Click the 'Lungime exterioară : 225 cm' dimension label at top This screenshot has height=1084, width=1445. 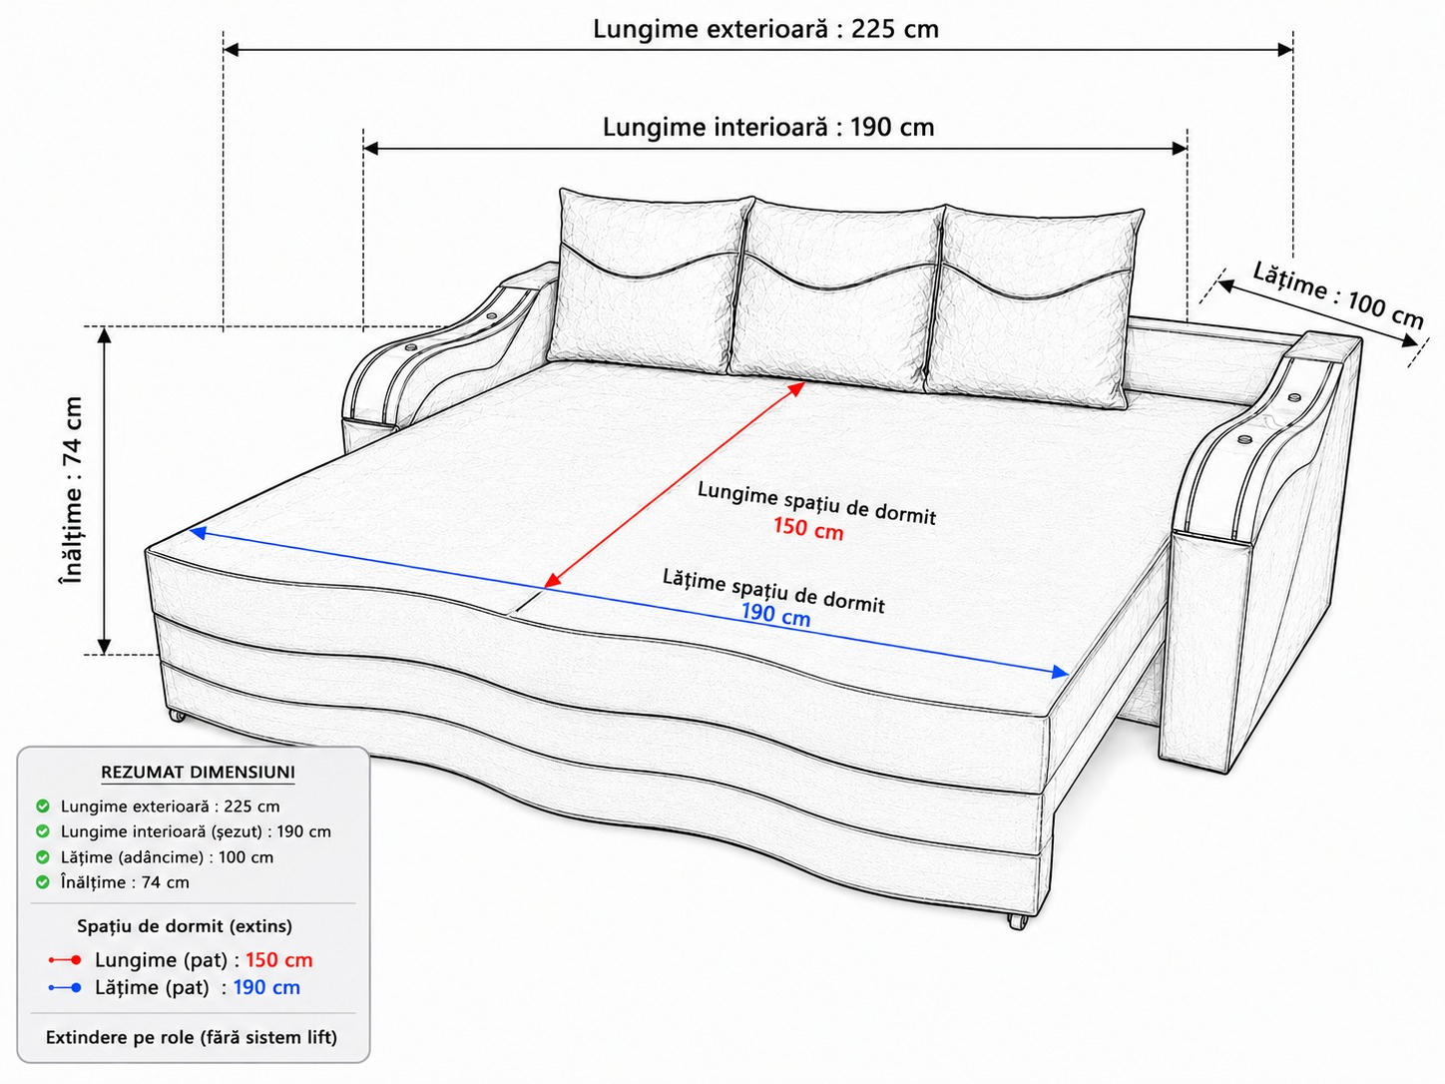[765, 29]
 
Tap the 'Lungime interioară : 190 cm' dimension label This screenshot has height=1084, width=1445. [768, 127]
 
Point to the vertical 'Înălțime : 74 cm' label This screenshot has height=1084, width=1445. [72, 489]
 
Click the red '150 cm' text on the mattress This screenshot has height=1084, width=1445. [808, 529]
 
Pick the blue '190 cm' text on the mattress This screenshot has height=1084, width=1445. [776, 614]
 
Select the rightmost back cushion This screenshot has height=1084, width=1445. [1034, 306]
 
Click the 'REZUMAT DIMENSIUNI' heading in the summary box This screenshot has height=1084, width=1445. [199, 772]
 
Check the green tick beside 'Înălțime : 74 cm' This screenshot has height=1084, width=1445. [43, 882]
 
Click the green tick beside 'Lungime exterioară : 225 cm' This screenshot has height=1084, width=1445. [43, 807]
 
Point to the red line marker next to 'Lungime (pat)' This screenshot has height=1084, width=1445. [65, 960]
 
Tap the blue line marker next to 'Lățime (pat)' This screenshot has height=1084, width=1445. [65, 988]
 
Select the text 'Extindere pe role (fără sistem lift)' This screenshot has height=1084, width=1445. [192, 1038]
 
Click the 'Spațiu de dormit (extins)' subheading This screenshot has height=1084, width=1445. [185, 926]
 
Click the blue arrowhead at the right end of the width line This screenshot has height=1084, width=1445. [1059, 672]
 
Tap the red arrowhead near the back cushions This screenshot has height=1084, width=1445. [796, 389]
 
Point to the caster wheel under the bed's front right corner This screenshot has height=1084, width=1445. [1017, 921]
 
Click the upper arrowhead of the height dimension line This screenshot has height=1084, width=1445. [104, 335]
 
